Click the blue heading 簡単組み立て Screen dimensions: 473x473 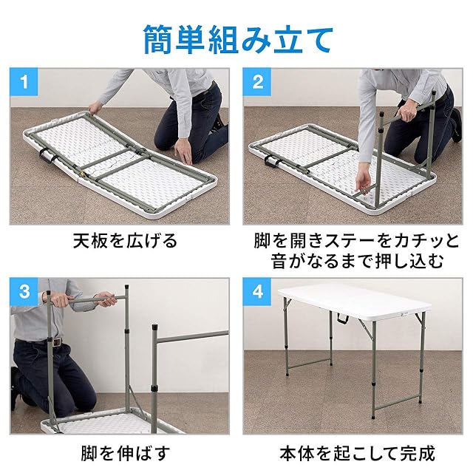pyautogui.click(x=238, y=39)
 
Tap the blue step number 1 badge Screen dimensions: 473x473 pyautogui.click(x=24, y=82)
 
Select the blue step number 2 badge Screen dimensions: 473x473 pyautogui.click(x=257, y=82)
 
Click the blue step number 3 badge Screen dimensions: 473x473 pyautogui.click(x=24, y=292)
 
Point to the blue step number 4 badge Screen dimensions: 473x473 pyautogui.click(x=257, y=292)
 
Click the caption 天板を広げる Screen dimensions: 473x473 pyautogui.click(x=126, y=241)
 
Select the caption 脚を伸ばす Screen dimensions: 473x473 pyautogui.click(x=126, y=453)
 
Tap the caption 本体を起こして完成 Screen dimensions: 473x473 pyautogui.click(x=357, y=453)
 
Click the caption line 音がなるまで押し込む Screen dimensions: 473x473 pyautogui.click(x=357, y=261)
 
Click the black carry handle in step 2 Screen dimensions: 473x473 pyautogui.click(x=271, y=161)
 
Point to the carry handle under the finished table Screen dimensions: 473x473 pyautogui.click(x=342, y=319)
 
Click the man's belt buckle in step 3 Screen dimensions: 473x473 pyautogui.click(x=56, y=342)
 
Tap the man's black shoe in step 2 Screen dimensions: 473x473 pyautogui.click(x=457, y=126)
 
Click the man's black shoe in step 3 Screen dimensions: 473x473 pyautogui.click(x=16, y=389)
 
